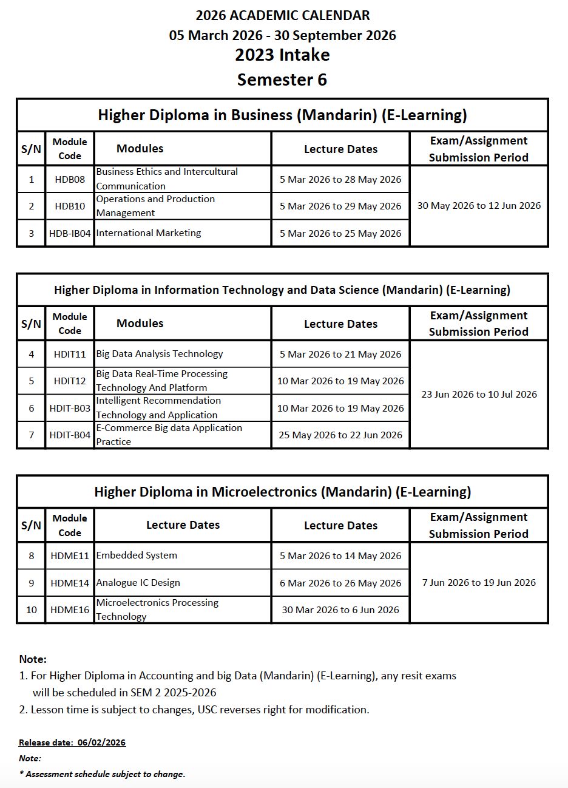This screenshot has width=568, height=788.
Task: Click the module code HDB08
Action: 70,180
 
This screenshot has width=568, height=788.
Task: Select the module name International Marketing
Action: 149,233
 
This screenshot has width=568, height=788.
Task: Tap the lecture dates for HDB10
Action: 340,206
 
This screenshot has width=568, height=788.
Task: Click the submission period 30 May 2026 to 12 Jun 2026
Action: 479,206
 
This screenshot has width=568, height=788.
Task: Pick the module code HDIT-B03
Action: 70,409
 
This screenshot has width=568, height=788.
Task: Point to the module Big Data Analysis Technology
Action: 160,354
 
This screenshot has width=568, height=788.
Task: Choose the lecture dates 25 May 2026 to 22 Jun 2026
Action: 340,435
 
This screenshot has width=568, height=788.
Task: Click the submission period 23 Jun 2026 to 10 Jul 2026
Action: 479,395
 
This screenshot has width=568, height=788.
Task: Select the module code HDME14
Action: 70,583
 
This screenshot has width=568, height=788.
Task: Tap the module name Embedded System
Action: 137,555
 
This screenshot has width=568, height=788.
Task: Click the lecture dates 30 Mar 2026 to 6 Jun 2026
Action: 340,610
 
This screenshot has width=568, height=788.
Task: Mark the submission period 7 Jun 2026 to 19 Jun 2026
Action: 479,583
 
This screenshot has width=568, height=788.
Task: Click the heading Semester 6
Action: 282,80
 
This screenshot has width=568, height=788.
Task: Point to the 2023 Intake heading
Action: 282,55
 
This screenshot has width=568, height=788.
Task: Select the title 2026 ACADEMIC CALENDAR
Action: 283,16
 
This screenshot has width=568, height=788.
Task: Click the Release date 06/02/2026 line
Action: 72,742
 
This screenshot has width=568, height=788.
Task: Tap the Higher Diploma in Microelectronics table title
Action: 282,492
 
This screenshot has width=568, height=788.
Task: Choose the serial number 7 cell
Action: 32,435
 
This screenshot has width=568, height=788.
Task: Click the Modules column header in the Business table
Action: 140,149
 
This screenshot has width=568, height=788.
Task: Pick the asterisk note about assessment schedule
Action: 102,774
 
